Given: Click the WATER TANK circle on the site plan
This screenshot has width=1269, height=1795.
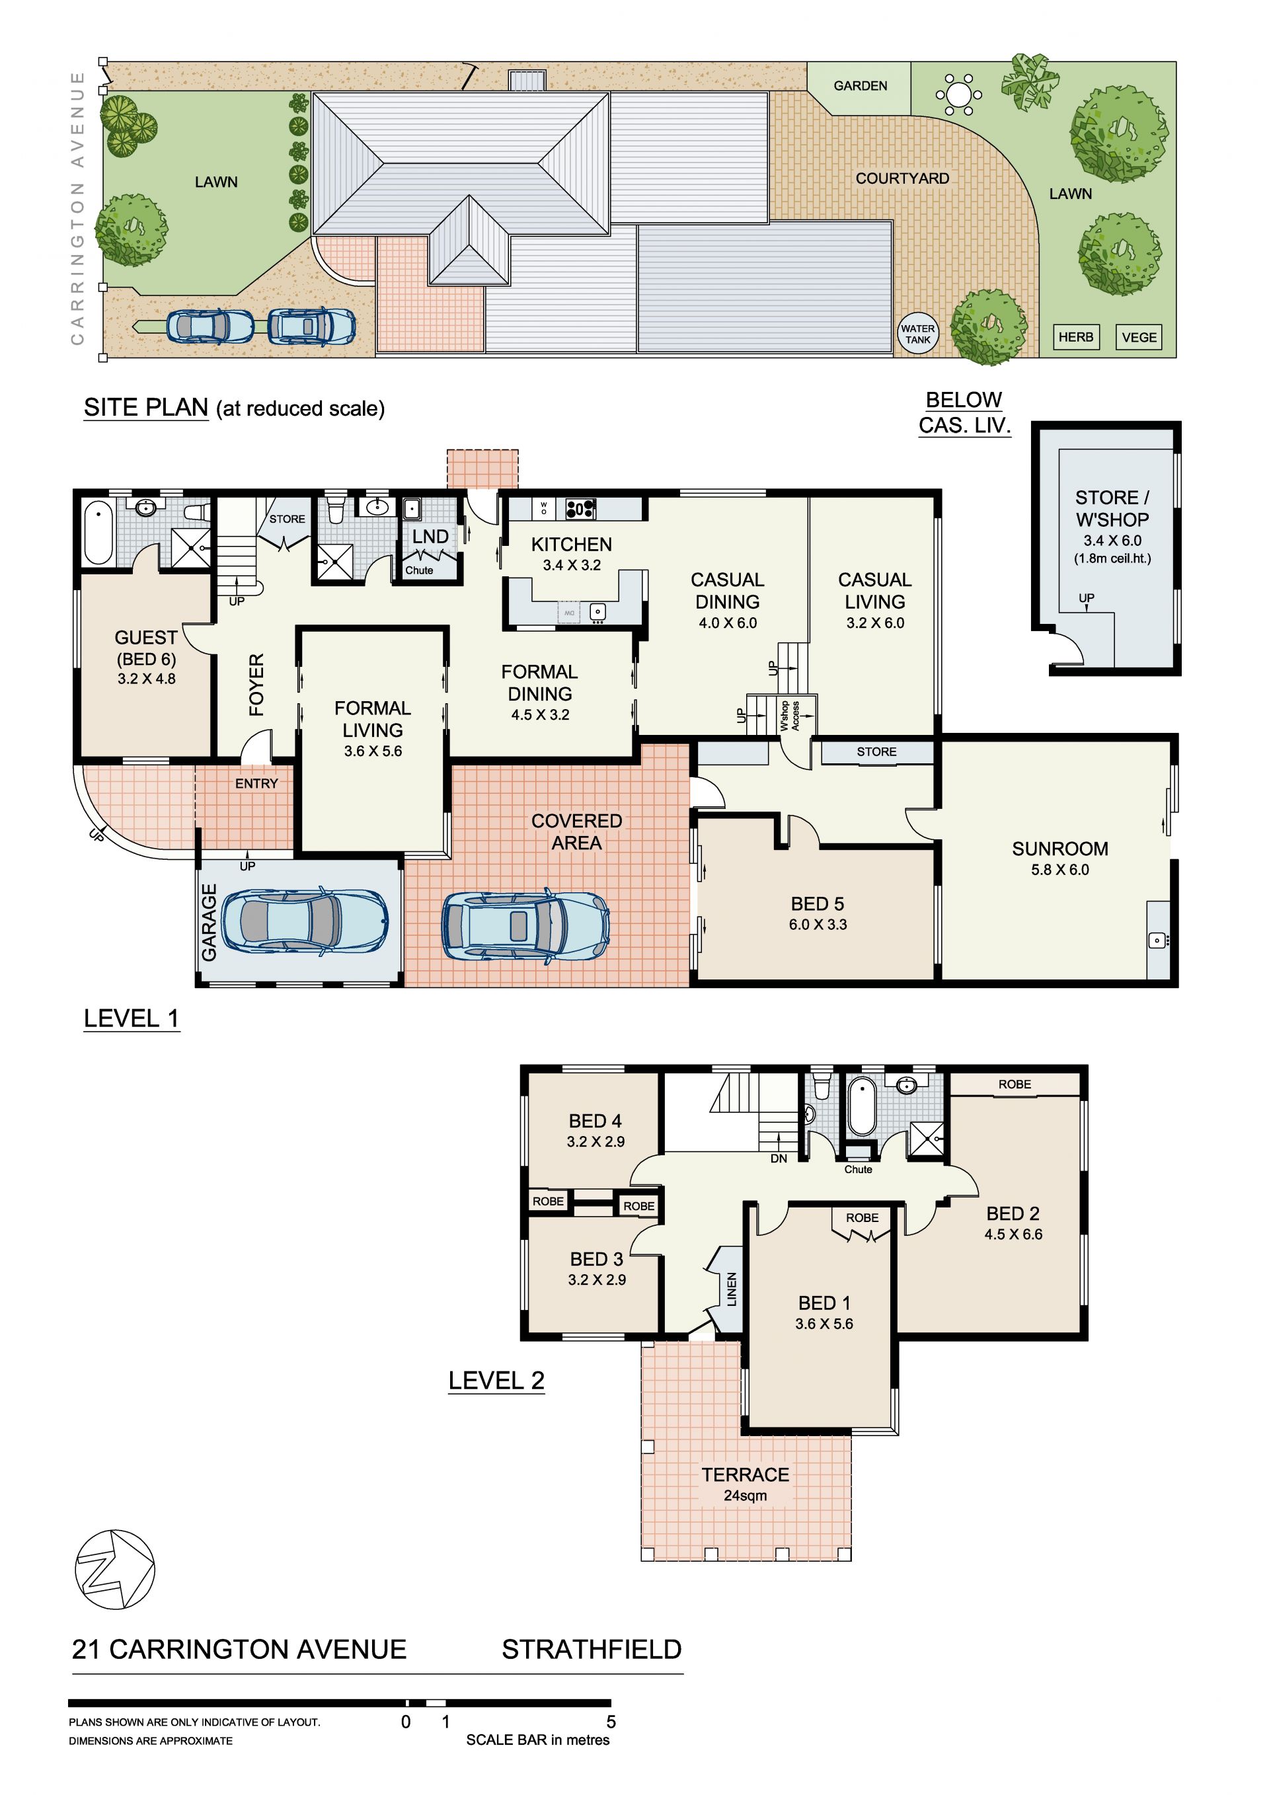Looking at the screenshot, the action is [x=917, y=334].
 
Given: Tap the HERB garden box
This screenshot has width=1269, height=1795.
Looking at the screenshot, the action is [x=1076, y=337].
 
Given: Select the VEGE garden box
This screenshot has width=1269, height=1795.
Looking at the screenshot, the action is [x=1138, y=338].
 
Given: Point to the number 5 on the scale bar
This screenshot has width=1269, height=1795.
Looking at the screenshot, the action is [x=611, y=1722].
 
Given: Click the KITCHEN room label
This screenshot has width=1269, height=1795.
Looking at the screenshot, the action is [x=572, y=544].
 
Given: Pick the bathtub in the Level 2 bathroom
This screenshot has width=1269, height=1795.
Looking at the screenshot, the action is [x=862, y=1106].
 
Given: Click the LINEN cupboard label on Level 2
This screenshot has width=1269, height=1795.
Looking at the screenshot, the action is [x=732, y=1289].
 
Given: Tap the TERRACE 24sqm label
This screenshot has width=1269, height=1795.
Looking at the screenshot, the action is [x=745, y=1484].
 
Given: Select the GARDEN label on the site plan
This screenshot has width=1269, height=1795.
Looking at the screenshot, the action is [x=860, y=86].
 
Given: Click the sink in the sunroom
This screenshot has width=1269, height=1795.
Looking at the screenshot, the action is [x=1158, y=940].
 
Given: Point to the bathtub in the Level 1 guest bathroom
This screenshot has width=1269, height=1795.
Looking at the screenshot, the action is [x=98, y=533].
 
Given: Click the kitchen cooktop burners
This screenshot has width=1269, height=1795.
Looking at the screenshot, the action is [x=580, y=509].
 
